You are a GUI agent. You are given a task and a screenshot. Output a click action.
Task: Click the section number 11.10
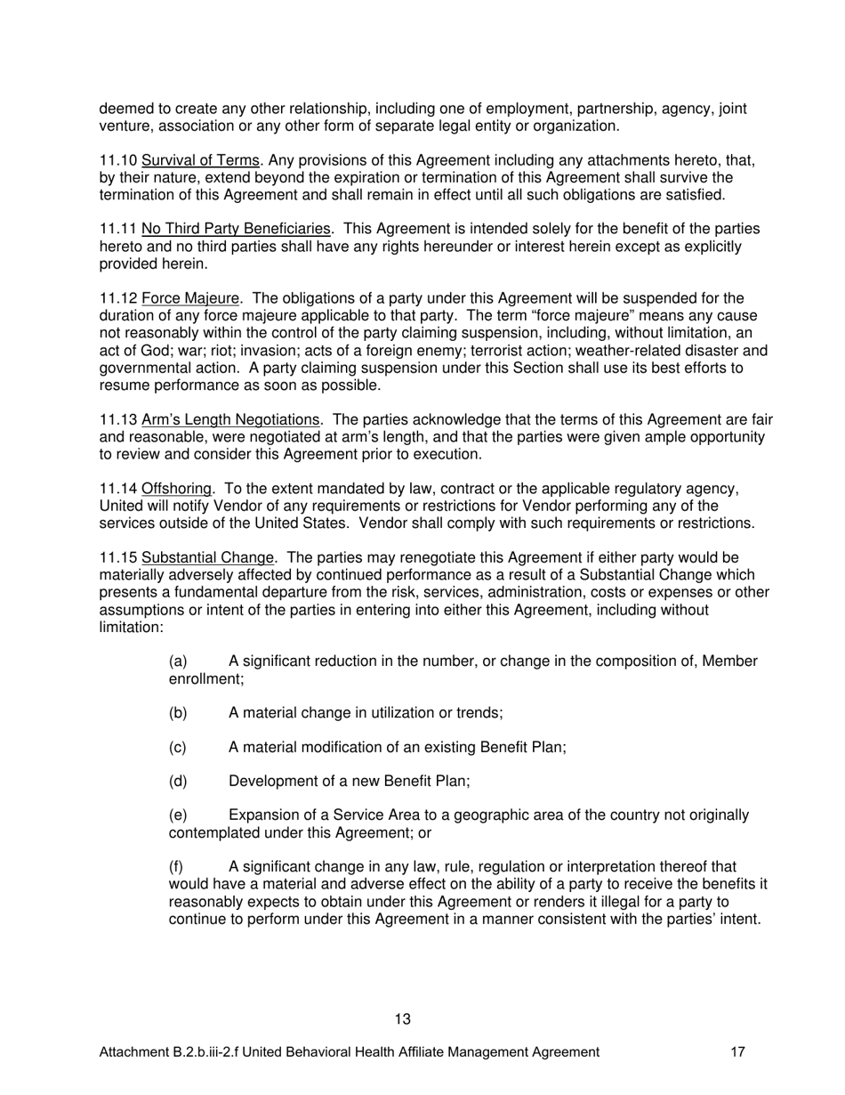coord(117,160)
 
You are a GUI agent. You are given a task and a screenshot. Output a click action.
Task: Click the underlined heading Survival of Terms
coord(200,160)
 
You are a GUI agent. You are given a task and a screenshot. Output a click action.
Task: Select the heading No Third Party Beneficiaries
coord(235,230)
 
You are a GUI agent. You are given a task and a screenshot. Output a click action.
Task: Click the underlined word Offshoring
coord(176,489)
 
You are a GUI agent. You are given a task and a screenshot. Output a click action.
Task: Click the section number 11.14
coord(117,489)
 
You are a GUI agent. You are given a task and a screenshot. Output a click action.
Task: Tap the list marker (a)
coord(178,661)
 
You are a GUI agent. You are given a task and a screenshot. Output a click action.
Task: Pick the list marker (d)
coord(178,781)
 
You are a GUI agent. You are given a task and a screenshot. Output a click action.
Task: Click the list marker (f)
coord(177,866)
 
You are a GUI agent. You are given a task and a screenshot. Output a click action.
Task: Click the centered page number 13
coord(402,1019)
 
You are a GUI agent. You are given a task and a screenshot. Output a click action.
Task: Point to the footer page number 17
coord(737,1052)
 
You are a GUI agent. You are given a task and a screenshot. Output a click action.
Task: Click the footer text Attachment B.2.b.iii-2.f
coord(169,1052)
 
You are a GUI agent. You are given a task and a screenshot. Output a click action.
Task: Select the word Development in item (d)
coord(270,781)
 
